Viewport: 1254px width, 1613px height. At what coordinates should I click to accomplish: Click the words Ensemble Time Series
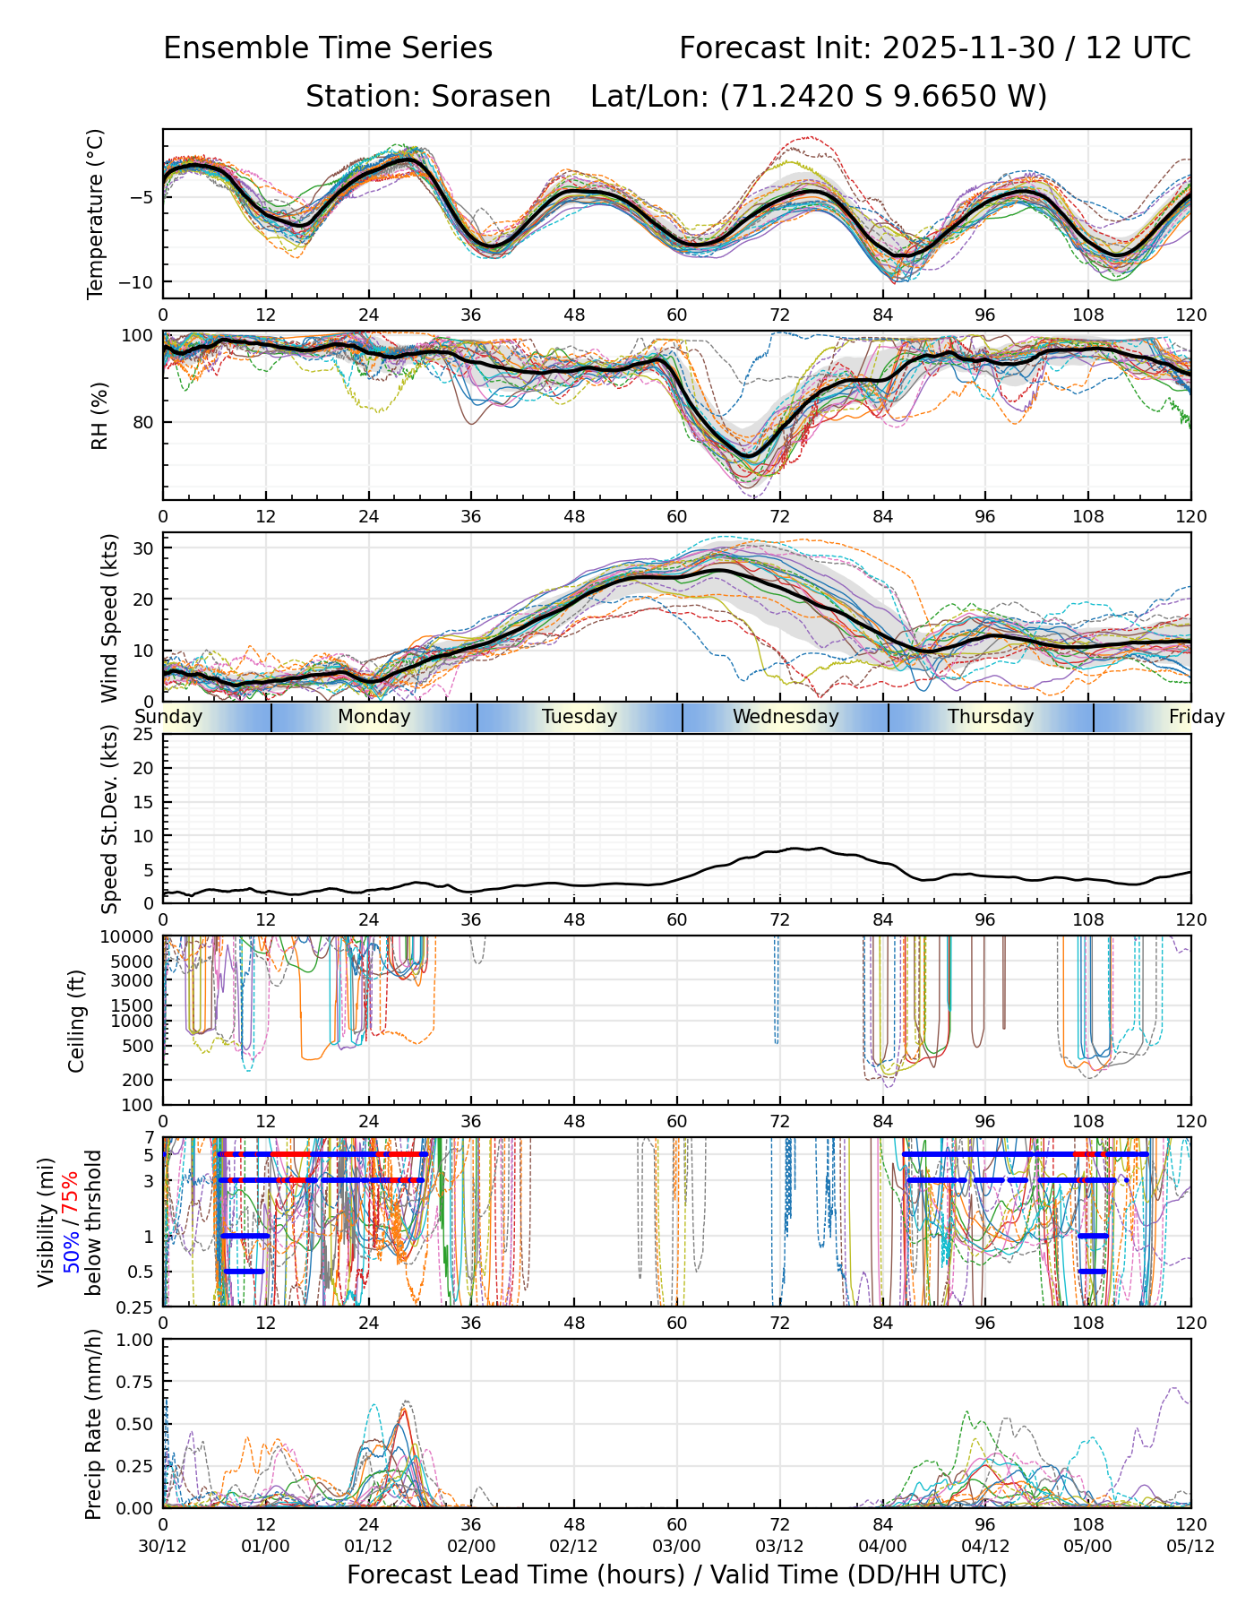coord(328,48)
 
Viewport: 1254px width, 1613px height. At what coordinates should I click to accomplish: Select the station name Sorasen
coord(491,97)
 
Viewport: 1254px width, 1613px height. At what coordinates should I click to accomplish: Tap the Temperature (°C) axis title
coord(96,213)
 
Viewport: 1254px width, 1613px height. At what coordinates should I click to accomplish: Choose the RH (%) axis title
coord(99,416)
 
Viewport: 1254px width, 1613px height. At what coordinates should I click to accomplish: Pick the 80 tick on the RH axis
coord(144,422)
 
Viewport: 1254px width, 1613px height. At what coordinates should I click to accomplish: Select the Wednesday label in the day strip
coord(786,717)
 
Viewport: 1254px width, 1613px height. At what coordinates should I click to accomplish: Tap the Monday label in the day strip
coord(374,717)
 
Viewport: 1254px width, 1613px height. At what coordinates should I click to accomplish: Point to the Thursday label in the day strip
coord(991,717)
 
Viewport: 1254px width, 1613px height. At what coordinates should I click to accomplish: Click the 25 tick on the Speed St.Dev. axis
coord(143,735)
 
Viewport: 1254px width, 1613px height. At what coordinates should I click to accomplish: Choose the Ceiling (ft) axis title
coord(78,1021)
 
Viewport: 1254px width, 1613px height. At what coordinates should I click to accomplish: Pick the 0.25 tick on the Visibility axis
coord(137,1306)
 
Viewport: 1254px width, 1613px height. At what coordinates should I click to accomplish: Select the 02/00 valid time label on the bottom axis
coord(471,1546)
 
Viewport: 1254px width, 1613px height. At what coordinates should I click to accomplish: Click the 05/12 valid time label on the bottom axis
coord(1190,1546)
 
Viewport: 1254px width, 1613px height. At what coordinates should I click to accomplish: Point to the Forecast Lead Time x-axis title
coord(676,1575)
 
